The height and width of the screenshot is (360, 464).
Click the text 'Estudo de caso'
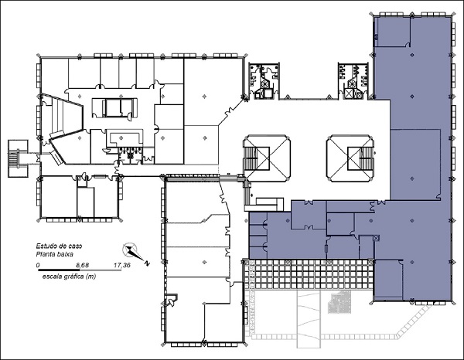point(60,246)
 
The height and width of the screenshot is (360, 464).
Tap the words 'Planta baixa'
point(55,254)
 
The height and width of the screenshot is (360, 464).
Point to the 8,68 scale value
point(83,265)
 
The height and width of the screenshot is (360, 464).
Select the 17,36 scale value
point(122,265)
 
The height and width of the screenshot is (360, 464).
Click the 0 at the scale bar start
point(38,265)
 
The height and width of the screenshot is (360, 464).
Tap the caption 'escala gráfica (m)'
point(70,277)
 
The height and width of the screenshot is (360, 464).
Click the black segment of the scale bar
point(59,270)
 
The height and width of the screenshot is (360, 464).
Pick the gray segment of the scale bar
point(101,270)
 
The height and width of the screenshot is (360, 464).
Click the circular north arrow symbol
point(130,250)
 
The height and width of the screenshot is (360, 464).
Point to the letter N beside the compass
point(147,263)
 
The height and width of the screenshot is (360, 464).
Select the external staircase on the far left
point(18,158)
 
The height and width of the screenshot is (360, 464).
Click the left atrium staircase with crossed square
point(267,158)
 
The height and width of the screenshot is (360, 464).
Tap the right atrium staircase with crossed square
point(350,158)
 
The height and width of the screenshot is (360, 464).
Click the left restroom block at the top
point(264,80)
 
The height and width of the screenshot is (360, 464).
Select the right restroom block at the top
point(353,80)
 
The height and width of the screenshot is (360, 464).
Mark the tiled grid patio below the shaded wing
point(308,274)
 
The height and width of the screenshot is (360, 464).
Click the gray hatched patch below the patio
point(339,302)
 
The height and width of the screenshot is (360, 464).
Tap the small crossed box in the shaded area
point(376,238)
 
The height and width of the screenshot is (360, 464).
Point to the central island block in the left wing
point(114,108)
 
